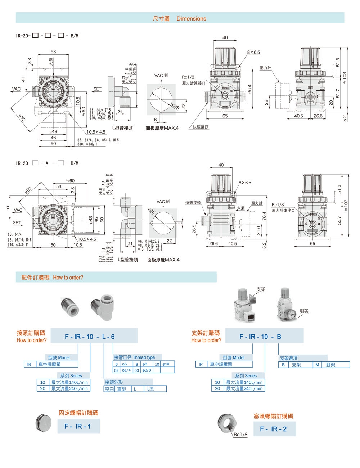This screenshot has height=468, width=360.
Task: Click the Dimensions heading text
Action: pyautogui.click(x=191, y=19)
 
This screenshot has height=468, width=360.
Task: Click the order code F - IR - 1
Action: pyautogui.click(x=77, y=427)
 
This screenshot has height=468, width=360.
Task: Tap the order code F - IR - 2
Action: pyautogui.click(x=273, y=429)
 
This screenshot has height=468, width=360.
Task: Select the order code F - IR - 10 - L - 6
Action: pyautogui.click(x=90, y=337)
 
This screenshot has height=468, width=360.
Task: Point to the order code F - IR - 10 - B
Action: pyautogui.click(x=260, y=337)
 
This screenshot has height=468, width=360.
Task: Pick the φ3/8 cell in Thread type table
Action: pyautogui.click(x=147, y=370)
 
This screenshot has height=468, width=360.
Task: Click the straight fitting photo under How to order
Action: pyautogui.click(x=70, y=307)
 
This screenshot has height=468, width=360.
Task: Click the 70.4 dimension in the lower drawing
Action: pyautogui.click(x=264, y=216)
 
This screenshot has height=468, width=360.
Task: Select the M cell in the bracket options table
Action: pyautogui.click(x=317, y=365)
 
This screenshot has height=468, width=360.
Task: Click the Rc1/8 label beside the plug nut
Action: pyautogui.click(x=240, y=435)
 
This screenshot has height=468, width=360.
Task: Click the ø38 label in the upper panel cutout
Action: pyautogui.click(x=175, y=106)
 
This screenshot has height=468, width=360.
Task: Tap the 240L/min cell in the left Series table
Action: pyautogui.click(x=69, y=388)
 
